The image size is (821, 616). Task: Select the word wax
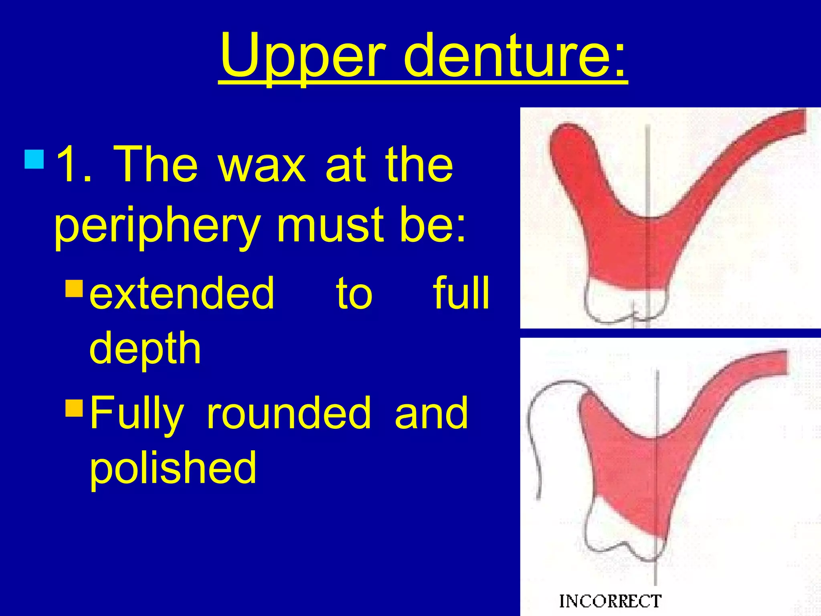tap(262, 164)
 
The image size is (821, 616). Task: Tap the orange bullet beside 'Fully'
tap(74, 407)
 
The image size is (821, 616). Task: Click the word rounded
tap(289, 413)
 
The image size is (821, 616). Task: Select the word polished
tap(173, 468)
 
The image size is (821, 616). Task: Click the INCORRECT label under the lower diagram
tap(610, 601)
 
